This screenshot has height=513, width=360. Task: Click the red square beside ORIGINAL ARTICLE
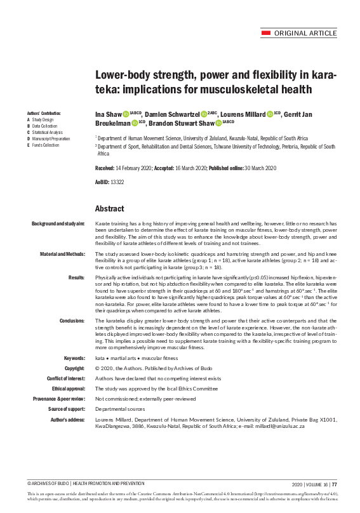267,33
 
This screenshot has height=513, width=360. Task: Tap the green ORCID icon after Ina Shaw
126,114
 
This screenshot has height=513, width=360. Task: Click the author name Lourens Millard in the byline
244,114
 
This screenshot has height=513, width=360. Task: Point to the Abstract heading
109,208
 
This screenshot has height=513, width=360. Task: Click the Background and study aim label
58,225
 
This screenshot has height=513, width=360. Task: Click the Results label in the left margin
77,277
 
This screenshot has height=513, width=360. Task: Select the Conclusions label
72,321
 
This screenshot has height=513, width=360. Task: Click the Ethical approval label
68,389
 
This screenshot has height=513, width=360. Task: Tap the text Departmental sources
117,409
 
